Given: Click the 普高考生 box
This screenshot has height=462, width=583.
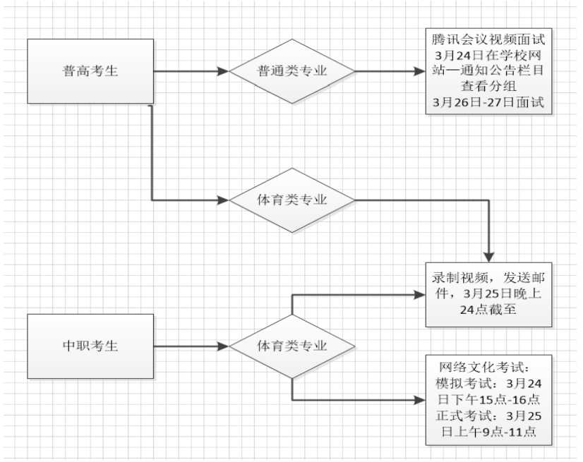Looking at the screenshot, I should coord(90,71).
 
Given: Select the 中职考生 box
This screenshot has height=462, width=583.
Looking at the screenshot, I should coord(90,346).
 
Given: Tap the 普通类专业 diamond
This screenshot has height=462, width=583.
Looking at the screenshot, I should coord(291,71).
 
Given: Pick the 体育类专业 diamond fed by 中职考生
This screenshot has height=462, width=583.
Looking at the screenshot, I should coord(291,346).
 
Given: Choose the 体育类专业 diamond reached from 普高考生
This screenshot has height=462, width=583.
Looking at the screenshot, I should coord(291,200).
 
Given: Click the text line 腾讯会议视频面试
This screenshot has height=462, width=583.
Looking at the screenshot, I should coord(489,39).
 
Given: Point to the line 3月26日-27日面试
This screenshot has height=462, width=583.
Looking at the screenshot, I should coord(489,103).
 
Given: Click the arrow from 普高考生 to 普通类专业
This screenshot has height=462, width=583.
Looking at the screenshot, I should coord(191,71).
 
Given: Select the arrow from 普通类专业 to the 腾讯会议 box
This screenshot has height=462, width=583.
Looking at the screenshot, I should coord(388,71).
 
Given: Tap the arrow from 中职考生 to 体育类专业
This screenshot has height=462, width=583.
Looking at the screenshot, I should coord(191,346).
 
